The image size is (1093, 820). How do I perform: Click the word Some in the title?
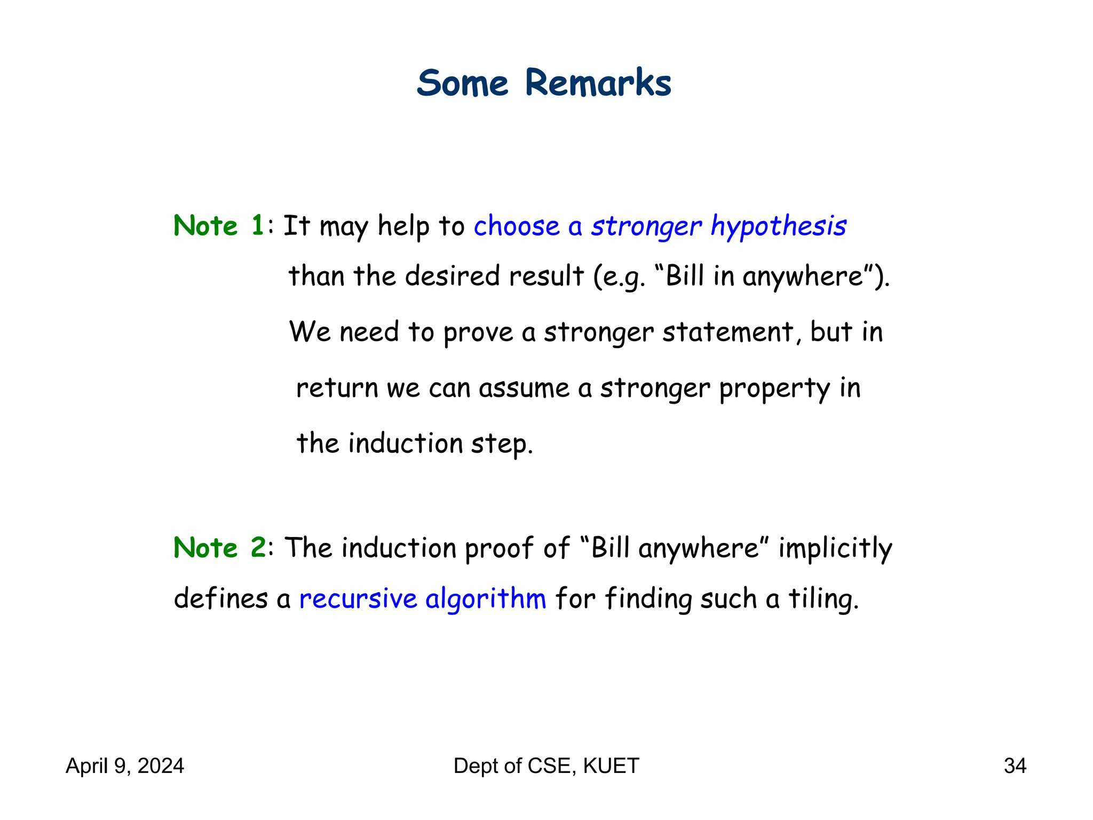(463, 83)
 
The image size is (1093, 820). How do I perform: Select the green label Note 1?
(219, 225)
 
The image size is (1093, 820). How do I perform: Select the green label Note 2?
(219, 547)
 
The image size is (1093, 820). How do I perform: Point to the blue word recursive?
(358, 598)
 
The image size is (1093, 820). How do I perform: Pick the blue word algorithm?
(486, 598)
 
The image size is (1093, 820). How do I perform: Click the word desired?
(452, 276)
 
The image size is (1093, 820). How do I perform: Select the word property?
(774, 388)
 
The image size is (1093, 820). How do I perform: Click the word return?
(337, 388)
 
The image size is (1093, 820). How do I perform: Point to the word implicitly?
(835, 548)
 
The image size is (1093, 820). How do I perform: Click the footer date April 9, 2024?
(125, 766)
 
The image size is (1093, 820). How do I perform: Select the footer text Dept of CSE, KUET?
(546, 766)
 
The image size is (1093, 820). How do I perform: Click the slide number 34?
(1015, 766)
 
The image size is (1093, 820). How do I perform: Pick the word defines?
(220, 598)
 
